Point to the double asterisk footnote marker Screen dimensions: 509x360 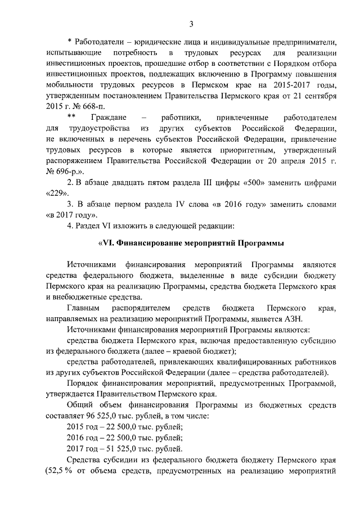click(x=71, y=118)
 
